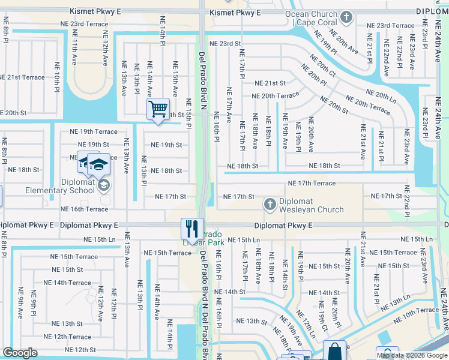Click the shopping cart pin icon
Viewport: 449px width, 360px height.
pyautogui.click(x=158, y=110)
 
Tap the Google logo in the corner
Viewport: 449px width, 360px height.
pyautogui.click(x=20, y=353)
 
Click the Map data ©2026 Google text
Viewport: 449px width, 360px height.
pyautogui.click(x=411, y=355)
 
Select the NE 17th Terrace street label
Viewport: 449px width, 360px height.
pyautogui.click(x=312, y=183)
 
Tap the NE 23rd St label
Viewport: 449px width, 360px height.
pyautogui.click(x=225, y=44)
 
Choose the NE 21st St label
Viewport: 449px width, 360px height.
pyautogui.click(x=270, y=83)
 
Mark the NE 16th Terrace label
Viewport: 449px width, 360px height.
pyautogui.click(x=85, y=209)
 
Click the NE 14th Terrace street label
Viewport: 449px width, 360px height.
pyautogui.click(x=67, y=283)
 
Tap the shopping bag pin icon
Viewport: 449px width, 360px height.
pyautogui.click(x=334, y=351)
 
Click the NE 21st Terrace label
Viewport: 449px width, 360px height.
pyautogui.click(x=22, y=77)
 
